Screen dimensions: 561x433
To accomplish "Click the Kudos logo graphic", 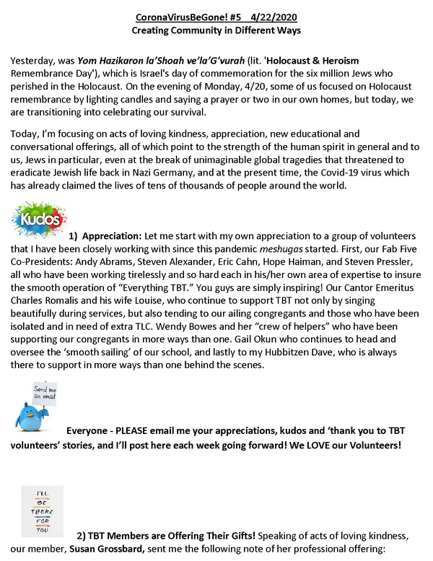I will pyautogui.click(x=38, y=220).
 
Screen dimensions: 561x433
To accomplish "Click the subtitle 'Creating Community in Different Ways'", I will pyautogui.click(x=216, y=32).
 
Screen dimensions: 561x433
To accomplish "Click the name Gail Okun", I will pyautogui.click(x=318, y=352).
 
